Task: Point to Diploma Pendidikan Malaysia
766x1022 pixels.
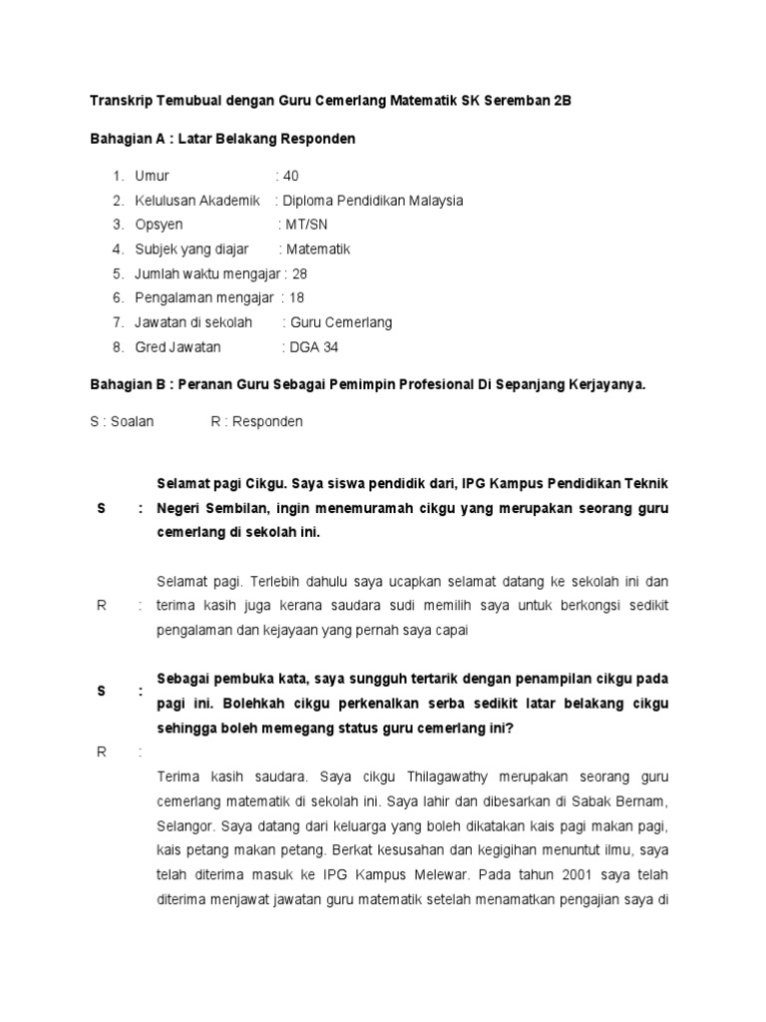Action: point(373,201)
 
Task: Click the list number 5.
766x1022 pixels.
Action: point(117,273)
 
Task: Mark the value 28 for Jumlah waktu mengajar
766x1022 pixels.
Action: point(299,273)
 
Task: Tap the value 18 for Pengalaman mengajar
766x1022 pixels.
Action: point(296,297)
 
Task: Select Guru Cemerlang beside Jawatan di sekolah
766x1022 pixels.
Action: point(339,322)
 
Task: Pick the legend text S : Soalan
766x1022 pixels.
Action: point(122,421)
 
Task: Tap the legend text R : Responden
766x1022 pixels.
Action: point(256,421)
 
